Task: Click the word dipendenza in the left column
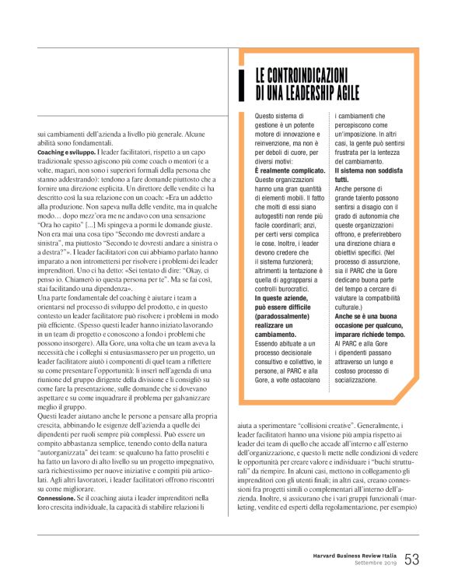tap(106, 265)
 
